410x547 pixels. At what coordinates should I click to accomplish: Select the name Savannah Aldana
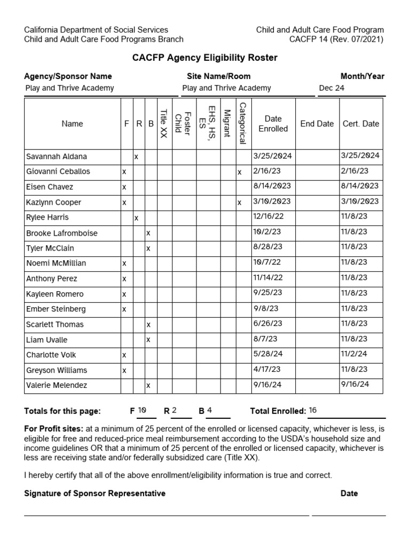click(x=57, y=157)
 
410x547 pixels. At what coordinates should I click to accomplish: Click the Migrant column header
click(x=227, y=123)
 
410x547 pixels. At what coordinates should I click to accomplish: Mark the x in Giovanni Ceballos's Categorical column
click(x=240, y=172)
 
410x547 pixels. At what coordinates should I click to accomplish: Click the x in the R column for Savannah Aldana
click(x=136, y=157)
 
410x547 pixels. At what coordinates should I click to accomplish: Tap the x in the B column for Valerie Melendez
click(x=148, y=385)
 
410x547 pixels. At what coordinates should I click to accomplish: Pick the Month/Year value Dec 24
click(x=332, y=88)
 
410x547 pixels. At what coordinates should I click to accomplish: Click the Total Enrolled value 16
click(x=313, y=410)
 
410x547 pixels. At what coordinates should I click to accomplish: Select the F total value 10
click(x=142, y=410)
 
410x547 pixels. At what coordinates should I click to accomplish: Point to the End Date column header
click(x=317, y=123)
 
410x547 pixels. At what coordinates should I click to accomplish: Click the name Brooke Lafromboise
click(x=62, y=233)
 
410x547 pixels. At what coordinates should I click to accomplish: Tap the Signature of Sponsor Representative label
click(x=94, y=494)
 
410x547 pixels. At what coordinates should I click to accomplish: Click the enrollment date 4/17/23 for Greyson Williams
click(x=266, y=369)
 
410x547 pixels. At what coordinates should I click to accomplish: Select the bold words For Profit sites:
click(x=53, y=429)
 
